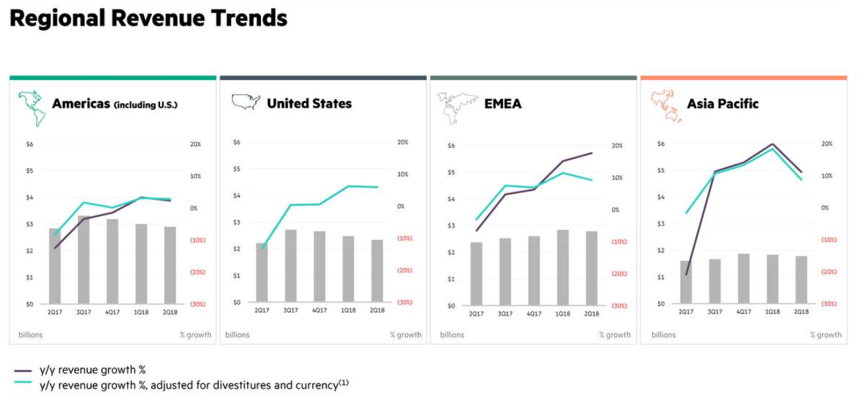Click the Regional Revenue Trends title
[x=149, y=19]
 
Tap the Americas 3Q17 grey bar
[x=83, y=260]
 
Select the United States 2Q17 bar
[x=262, y=272]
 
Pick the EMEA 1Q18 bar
[x=562, y=268]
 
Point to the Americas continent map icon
[x=32, y=108]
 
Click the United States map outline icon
[x=246, y=102]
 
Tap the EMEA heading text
[x=502, y=104]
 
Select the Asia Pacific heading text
[x=722, y=104]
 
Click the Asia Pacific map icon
[x=665, y=106]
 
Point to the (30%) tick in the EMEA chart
[x=619, y=306]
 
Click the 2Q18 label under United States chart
[x=377, y=310]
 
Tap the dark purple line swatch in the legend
[x=23, y=371]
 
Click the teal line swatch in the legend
[x=23, y=385]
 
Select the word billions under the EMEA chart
[x=452, y=335]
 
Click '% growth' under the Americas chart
[x=196, y=335]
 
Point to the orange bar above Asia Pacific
[x=743, y=78]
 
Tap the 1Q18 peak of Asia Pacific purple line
[x=772, y=144]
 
